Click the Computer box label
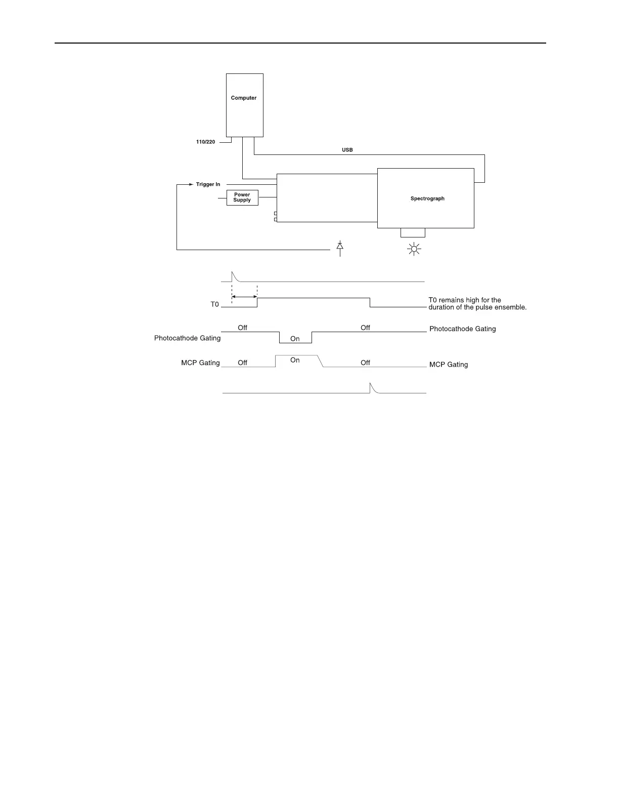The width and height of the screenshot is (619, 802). tap(244, 98)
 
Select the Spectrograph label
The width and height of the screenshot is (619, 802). tap(427, 198)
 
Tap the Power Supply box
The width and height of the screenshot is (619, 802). tap(242, 197)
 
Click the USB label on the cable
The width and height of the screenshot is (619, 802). tap(347, 150)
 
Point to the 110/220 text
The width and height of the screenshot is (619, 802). tap(206, 142)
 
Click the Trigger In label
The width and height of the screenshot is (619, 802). tap(208, 184)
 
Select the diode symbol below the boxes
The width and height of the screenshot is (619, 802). tap(340, 247)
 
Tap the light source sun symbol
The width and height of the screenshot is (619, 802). tap(414, 249)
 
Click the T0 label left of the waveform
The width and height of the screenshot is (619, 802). tap(215, 304)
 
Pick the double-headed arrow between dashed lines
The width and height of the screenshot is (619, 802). tap(244, 297)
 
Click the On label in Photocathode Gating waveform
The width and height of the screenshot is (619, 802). tap(295, 339)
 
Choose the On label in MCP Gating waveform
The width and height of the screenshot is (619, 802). tap(295, 360)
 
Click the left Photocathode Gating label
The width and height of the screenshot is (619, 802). tap(188, 338)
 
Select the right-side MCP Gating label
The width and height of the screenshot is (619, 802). tap(449, 364)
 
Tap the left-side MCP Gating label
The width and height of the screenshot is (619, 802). tap(201, 363)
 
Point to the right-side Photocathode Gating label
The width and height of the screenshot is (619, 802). tap(463, 329)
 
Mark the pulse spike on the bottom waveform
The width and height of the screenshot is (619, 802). tap(372, 387)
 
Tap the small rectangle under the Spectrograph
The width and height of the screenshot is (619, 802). tap(413, 232)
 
